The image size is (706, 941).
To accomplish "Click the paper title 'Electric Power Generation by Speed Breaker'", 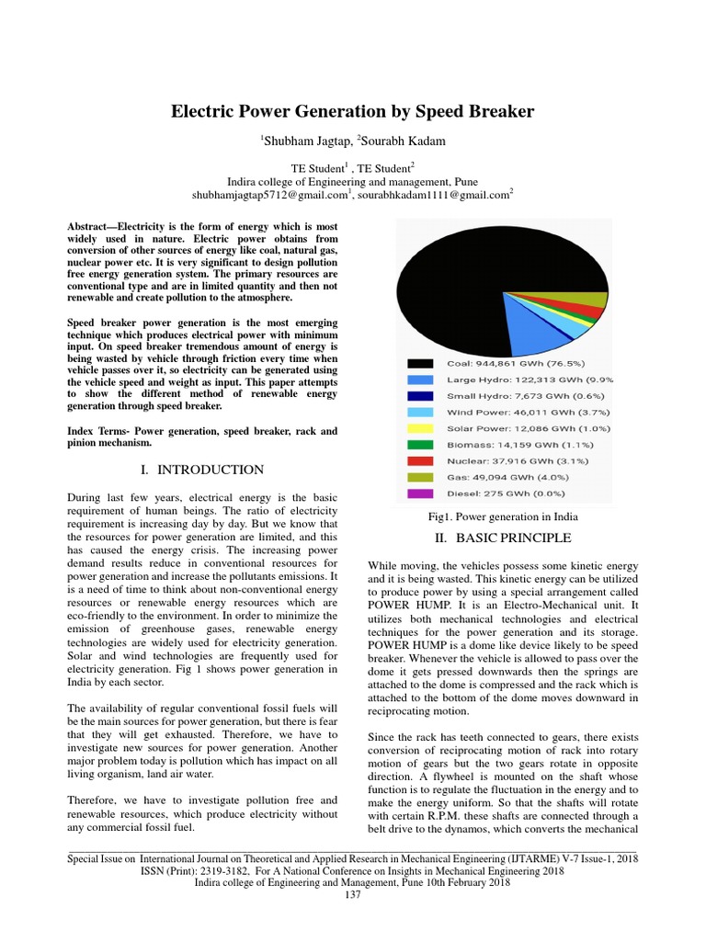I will point(353,111).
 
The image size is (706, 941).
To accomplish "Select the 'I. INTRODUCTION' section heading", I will point(201,470).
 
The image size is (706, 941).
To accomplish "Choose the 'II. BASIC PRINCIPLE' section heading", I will point(501,538).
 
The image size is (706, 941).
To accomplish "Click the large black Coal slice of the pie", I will point(478,266).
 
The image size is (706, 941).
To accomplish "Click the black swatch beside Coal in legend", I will point(421,362).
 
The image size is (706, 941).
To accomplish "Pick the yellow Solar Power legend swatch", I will point(421,428).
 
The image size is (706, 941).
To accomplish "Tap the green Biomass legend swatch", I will point(421,445).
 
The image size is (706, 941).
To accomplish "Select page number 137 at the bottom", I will point(353,895).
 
